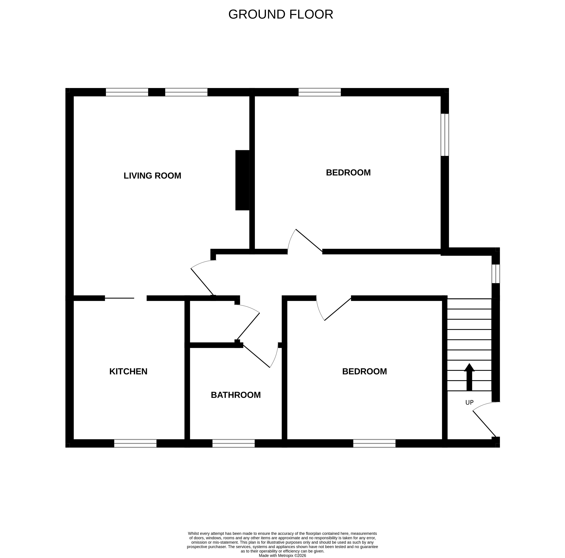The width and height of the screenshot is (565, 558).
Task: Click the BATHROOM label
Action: [236, 395]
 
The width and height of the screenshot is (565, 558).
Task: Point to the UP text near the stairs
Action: [469, 403]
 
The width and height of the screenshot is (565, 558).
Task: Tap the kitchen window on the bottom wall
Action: [135, 443]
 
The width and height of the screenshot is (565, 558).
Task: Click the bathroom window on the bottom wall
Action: [233, 443]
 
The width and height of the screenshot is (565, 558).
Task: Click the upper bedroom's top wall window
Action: [320, 92]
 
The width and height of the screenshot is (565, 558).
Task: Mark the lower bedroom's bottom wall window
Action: [374, 443]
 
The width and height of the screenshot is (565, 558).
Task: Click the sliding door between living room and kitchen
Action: [119, 298]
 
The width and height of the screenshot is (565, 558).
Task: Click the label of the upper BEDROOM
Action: [348, 173]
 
